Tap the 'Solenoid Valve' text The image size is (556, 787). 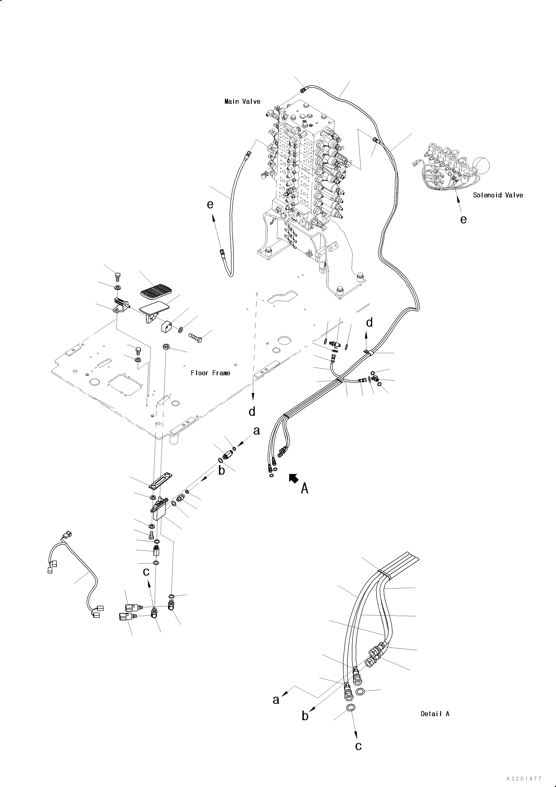click(x=498, y=195)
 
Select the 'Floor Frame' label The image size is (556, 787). click(x=210, y=373)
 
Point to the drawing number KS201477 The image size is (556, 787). click(x=525, y=779)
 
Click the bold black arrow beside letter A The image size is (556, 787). click(x=294, y=478)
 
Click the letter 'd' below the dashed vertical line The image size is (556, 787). click(x=252, y=411)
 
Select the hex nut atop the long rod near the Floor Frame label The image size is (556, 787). click(x=165, y=346)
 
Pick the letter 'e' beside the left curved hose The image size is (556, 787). click(x=210, y=205)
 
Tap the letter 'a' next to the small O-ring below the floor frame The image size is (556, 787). click(x=256, y=431)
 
